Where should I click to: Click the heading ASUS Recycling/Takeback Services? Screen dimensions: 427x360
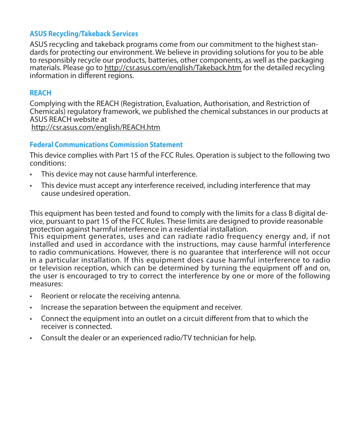84,34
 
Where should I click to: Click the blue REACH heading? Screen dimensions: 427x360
40,93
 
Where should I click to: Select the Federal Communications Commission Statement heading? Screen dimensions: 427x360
106,145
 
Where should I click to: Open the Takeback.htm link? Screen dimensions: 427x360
173,68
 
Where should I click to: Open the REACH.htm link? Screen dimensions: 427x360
96,127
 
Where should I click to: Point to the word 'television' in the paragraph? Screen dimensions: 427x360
55,268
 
